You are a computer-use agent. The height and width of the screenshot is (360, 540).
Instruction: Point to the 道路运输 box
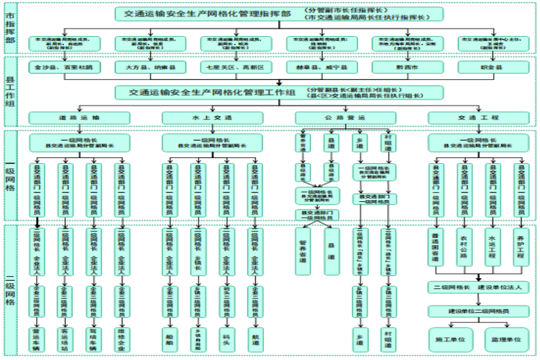[79, 117]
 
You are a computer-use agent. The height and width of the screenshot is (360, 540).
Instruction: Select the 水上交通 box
[213, 117]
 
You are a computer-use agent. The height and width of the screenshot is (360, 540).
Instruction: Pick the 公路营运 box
[346, 117]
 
